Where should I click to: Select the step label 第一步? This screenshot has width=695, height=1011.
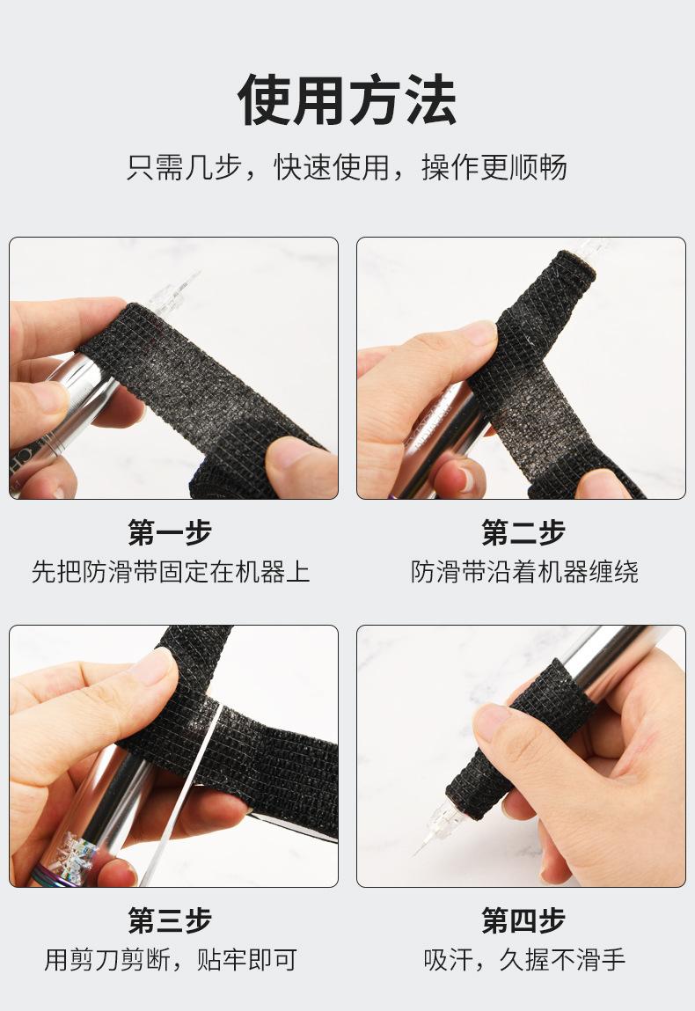(170, 532)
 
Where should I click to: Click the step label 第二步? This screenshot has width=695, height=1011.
(523, 532)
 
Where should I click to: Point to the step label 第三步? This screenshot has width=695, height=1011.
(170, 920)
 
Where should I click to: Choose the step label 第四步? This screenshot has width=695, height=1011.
(523, 920)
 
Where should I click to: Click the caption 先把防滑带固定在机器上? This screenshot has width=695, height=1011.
(171, 572)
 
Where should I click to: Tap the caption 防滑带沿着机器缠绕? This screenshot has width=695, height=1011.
(524, 572)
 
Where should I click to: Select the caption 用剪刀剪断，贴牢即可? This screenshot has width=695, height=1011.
(171, 960)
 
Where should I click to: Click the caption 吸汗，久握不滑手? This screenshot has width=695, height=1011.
(524, 960)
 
